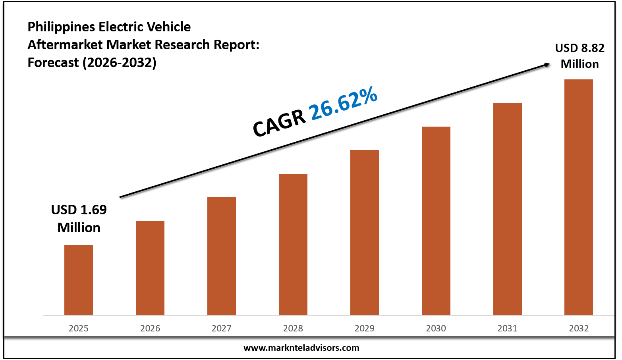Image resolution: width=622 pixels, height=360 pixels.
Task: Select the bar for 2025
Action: pos(79,280)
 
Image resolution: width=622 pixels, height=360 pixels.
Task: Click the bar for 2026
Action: pos(150,268)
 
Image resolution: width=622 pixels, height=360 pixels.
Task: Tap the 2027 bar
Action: pos(222,256)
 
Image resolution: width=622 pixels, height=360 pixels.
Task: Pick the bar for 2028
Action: pos(293,244)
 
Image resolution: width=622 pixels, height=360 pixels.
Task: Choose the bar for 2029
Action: pos(365,233)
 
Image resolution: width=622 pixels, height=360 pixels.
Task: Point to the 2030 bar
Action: pos(436,221)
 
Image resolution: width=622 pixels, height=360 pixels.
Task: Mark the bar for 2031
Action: pos(508,209)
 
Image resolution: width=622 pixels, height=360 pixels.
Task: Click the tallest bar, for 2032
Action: pos(579,197)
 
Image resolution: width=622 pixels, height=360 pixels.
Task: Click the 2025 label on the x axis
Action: pos(79,328)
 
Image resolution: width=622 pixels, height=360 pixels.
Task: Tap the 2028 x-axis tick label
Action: pos(293,328)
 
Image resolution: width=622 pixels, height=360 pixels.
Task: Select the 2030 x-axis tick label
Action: pos(436,328)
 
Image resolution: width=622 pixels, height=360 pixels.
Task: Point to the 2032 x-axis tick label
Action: pos(579,328)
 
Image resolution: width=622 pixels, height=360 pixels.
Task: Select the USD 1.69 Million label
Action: pos(79,218)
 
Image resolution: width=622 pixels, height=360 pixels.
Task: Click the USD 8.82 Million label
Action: pos(580,56)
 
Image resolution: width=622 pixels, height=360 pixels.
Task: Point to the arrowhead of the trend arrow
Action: pos(547,64)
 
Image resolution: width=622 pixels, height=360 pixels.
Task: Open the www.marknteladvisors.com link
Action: pos(301,348)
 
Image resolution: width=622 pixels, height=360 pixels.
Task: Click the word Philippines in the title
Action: pos(61,27)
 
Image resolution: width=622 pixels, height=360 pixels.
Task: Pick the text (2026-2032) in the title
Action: pos(120,63)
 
